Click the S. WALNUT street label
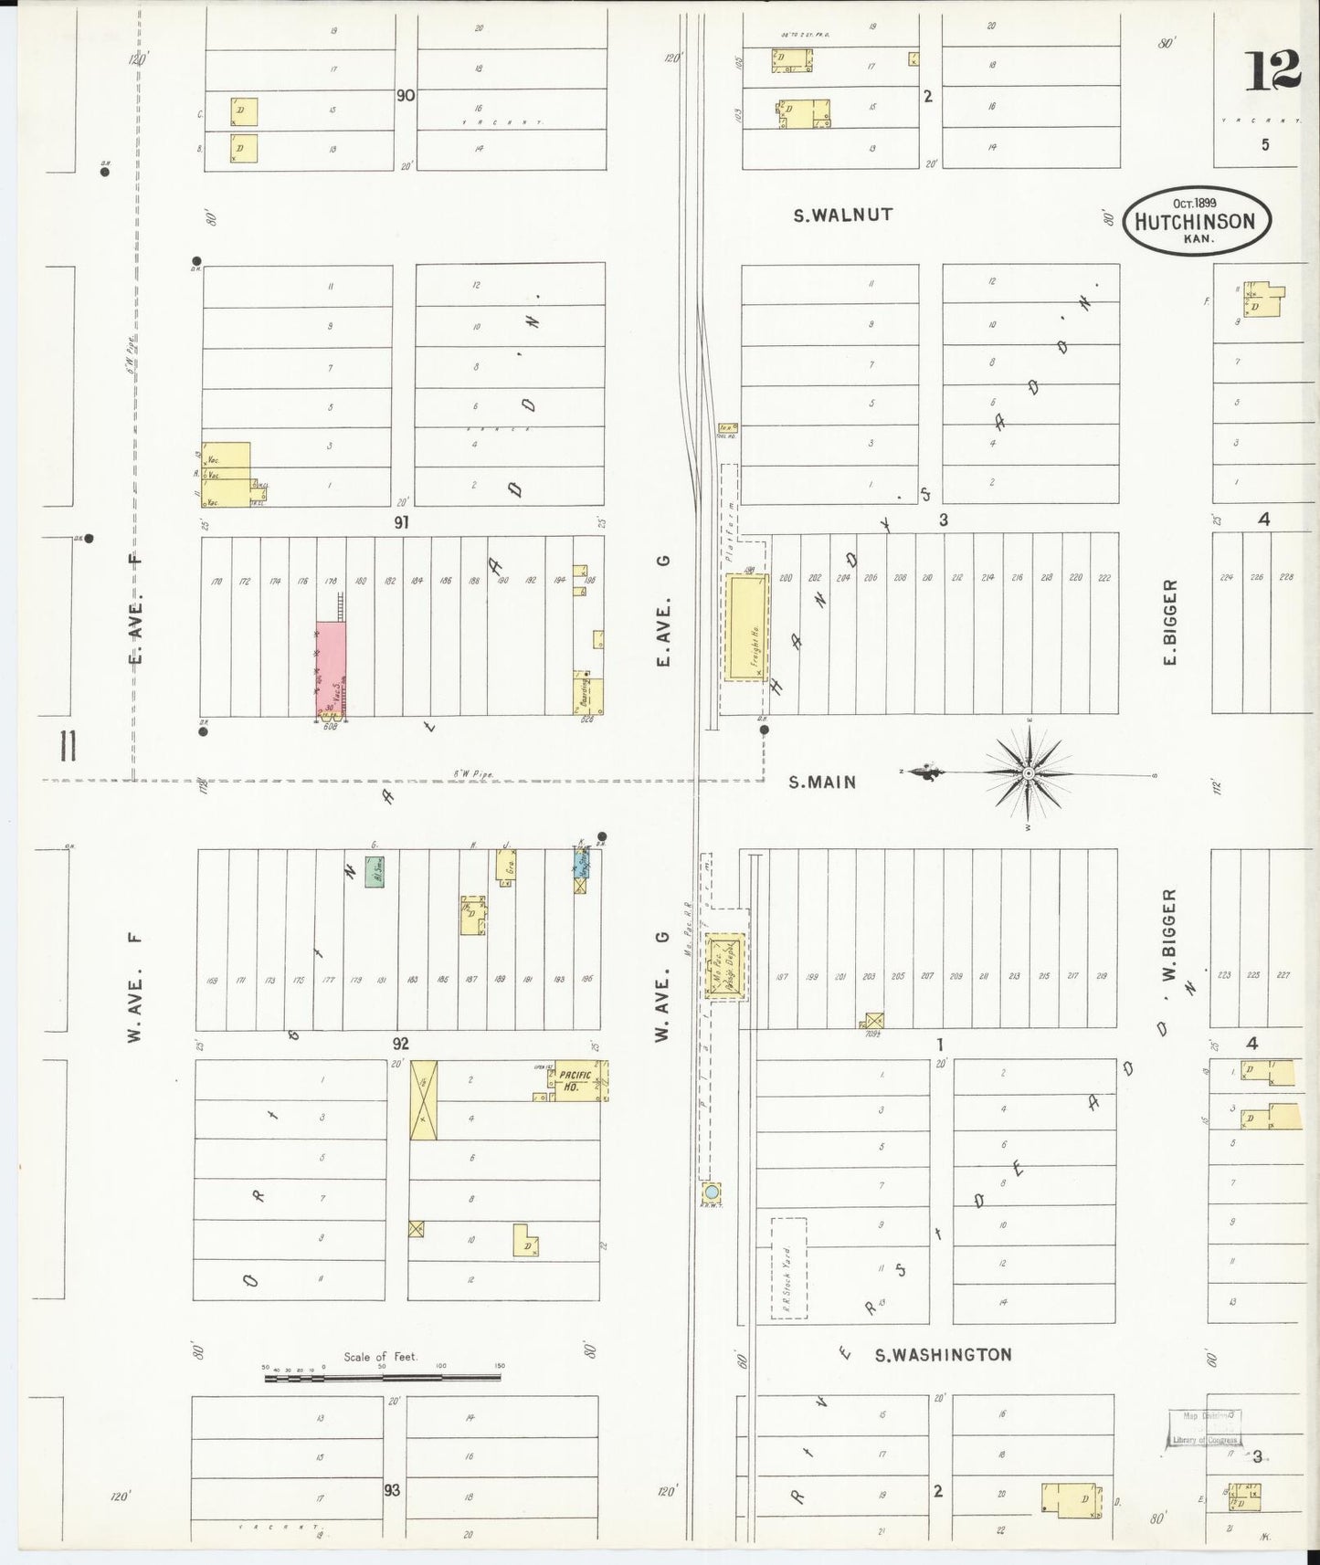pyautogui.click(x=842, y=215)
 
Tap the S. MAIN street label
pyautogui.click(x=823, y=782)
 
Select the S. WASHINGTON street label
pyautogui.click(x=944, y=1354)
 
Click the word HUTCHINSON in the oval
pyautogui.click(x=1201, y=220)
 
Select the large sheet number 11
pyautogui.click(x=66, y=746)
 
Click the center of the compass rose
pyautogui.click(x=1030, y=773)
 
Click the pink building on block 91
pyautogui.click(x=331, y=668)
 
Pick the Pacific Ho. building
pyautogui.click(x=574, y=1082)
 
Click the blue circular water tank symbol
pyautogui.click(x=711, y=1192)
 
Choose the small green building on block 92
pyautogui.click(x=374, y=871)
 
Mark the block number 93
pyautogui.click(x=392, y=1490)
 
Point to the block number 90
pyautogui.click(x=406, y=95)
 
